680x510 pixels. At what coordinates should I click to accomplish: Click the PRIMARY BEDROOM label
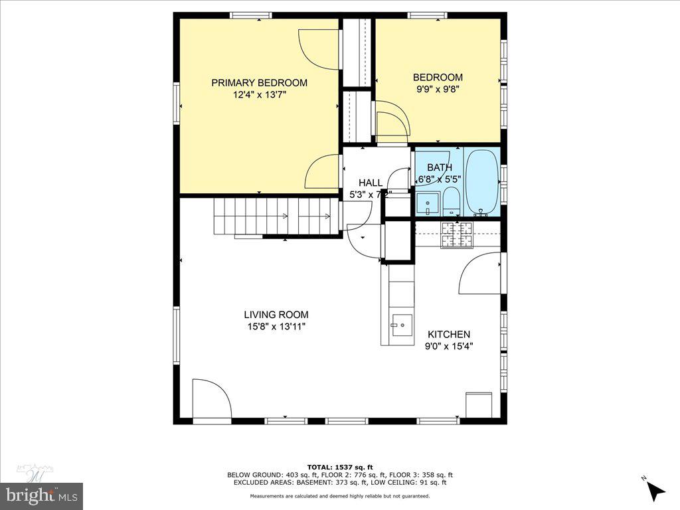click(x=259, y=83)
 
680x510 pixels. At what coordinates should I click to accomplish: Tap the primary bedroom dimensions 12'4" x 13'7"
click(x=259, y=95)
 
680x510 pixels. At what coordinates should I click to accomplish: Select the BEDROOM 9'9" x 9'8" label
click(x=438, y=83)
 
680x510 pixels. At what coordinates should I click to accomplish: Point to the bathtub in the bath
click(x=481, y=181)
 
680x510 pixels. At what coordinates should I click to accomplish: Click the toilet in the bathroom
click(x=452, y=200)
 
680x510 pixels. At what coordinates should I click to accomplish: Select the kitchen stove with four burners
click(x=457, y=234)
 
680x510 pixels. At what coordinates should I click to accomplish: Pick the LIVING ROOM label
click(x=276, y=315)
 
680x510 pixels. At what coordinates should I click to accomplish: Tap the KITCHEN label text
click(x=449, y=335)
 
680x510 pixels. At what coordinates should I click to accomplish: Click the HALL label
click(x=370, y=183)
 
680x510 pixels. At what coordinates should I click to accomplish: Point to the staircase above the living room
click(x=276, y=216)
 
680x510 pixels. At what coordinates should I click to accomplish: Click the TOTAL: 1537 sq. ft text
click(x=339, y=466)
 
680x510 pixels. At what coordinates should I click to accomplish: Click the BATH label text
click(x=439, y=168)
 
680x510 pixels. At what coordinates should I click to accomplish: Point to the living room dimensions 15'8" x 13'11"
click(x=276, y=327)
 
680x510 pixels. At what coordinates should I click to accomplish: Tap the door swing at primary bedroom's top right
click(x=319, y=48)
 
